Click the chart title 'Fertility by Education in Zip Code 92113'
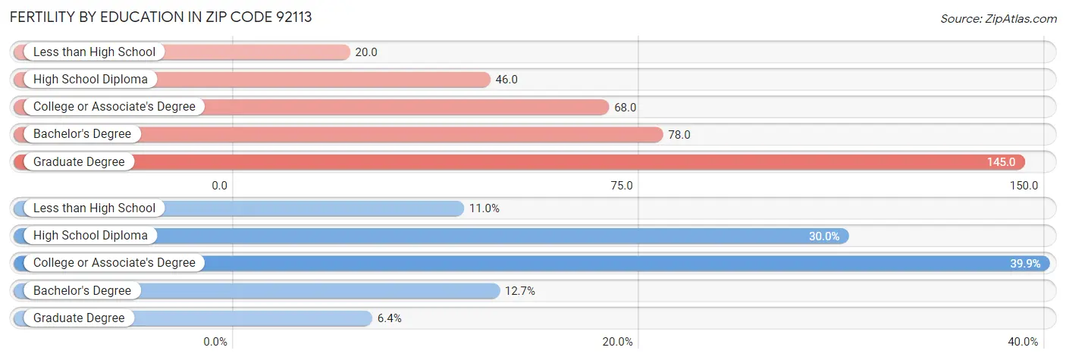161,17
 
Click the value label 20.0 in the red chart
366,52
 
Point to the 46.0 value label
506,80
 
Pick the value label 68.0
625,107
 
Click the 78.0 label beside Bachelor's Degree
679,134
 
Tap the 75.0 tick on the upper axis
622,185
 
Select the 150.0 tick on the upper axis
1024,185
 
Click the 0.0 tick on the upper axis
219,185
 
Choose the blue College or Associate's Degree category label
114,263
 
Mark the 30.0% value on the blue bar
823,236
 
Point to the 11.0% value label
484,208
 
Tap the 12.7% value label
520,290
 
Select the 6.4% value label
389,318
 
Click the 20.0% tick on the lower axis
617,341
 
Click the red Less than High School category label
94,52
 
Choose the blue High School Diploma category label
90,236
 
